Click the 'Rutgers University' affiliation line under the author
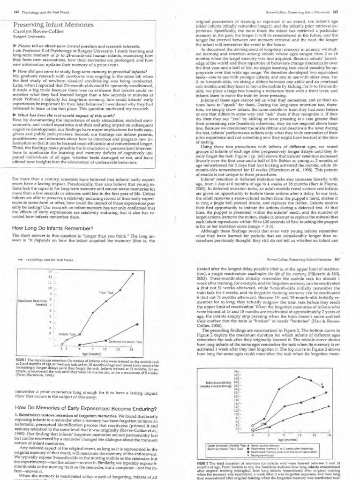pos(28,38)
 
